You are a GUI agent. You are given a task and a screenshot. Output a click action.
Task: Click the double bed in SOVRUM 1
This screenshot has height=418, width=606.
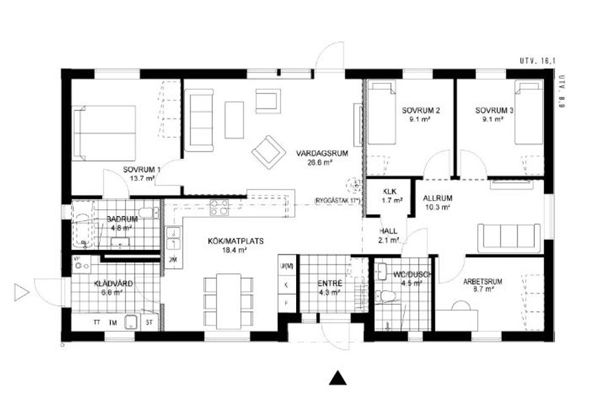[105, 133]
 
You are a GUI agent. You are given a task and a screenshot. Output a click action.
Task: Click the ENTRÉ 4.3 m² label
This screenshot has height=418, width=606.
[330, 288]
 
